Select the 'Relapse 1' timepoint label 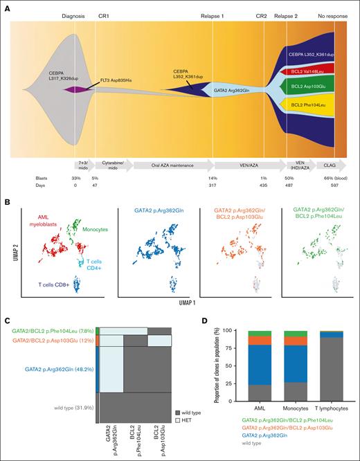pyautogui.click(x=212, y=15)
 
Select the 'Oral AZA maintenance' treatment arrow pyautogui.click(x=171, y=166)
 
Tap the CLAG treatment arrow pyautogui.click(x=323, y=166)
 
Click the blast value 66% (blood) pyautogui.click(x=332, y=179)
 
